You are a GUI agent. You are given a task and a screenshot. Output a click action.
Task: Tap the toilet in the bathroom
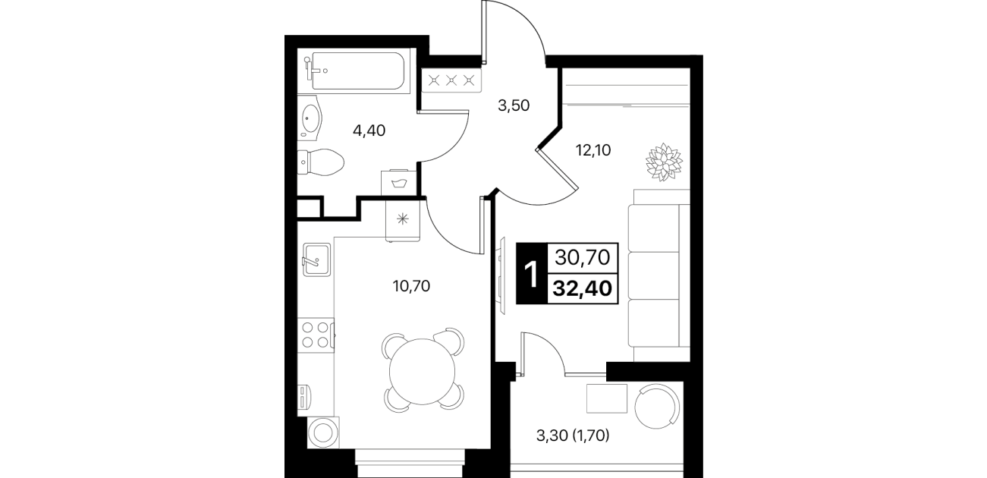[320, 162]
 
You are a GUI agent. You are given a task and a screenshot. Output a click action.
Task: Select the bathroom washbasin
[310, 118]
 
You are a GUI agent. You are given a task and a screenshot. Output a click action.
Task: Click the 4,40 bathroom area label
[369, 131]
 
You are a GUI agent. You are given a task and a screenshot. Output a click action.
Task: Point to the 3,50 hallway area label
[514, 105]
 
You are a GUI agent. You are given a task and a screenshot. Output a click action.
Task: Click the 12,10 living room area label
[593, 151]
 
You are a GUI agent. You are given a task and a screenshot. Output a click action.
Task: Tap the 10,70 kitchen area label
[411, 286]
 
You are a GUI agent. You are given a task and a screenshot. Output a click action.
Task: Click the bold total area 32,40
[583, 289]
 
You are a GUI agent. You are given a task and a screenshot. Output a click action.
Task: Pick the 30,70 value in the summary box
[583, 257]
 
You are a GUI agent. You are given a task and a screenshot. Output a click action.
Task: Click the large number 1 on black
[532, 274]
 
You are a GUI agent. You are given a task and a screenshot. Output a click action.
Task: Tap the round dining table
[422, 371]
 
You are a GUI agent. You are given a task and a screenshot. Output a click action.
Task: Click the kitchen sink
[316, 260]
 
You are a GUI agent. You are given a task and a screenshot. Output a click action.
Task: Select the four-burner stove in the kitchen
[316, 335]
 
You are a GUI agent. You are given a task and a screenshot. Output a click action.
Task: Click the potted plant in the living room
[664, 162]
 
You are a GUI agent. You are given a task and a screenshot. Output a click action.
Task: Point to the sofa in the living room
[659, 275]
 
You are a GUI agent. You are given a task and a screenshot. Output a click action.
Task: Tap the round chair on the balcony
[658, 406]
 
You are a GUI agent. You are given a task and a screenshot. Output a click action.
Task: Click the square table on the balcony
[607, 398]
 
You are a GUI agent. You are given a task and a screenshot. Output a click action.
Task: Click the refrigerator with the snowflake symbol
[403, 220]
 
